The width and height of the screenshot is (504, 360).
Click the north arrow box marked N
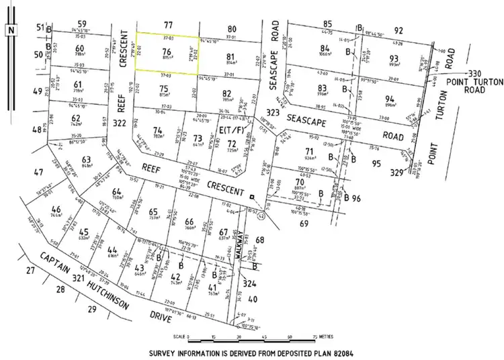[x=11, y=30]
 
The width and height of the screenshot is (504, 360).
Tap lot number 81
[x=230, y=56]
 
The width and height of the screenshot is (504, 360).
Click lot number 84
[x=326, y=48]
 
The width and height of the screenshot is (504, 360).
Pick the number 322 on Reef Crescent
[x=121, y=123]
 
